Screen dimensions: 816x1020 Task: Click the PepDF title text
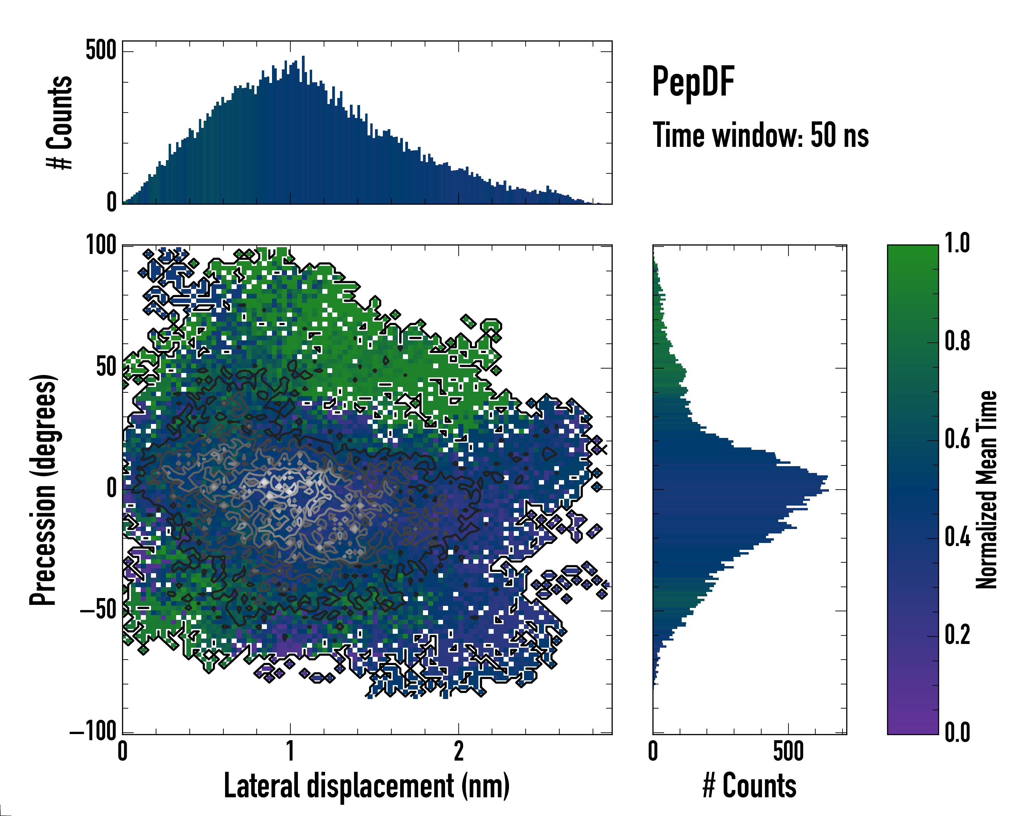click(693, 82)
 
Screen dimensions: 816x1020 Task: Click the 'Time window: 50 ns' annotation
click(760, 136)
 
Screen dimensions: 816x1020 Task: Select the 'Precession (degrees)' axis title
click(44, 490)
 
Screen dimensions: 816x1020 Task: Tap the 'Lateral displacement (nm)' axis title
click(367, 786)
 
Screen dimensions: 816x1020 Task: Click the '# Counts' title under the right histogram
click(749, 786)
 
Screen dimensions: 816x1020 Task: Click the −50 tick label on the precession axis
click(98, 610)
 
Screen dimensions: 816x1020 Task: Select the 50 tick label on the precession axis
click(106, 368)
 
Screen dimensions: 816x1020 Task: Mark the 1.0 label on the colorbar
click(957, 244)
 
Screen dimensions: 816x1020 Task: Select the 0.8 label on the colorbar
click(957, 342)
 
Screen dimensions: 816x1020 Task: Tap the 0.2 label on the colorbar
click(957, 635)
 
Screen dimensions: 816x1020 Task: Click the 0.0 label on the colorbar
click(957, 732)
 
